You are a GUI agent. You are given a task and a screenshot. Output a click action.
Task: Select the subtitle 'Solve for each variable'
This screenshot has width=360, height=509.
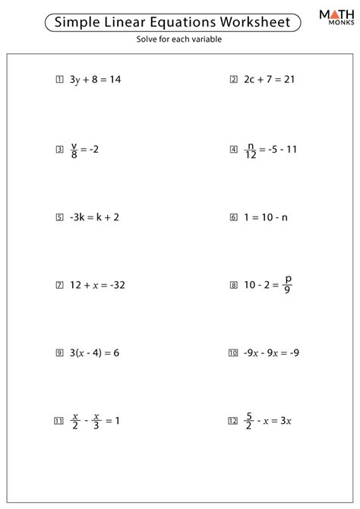click(x=179, y=40)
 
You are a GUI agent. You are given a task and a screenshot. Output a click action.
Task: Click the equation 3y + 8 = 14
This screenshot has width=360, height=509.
click(x=94, y=78)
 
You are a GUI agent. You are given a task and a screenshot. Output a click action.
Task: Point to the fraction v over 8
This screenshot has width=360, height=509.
click(x=74, y=150)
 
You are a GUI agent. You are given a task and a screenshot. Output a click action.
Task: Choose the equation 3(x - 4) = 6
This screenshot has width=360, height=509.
click(x=95, y=353)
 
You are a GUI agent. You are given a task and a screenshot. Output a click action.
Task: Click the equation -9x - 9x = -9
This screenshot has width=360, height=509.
click(x=273, y=353)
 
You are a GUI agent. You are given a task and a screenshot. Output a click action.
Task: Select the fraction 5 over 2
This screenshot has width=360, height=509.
click(x=248, y=420)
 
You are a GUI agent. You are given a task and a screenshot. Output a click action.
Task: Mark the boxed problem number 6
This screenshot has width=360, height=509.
click(x=233, y=217)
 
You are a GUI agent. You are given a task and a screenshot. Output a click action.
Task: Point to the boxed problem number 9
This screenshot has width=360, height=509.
click(x=59, y=353)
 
